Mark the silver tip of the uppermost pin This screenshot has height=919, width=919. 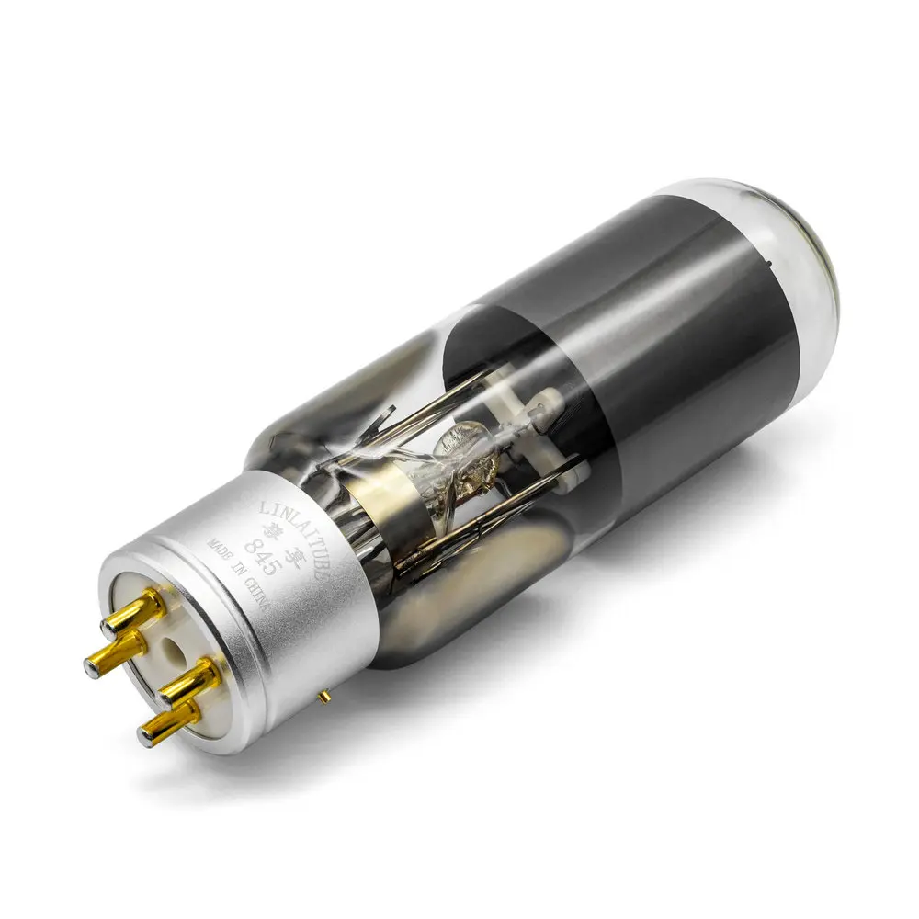click(x=109, y=627)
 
